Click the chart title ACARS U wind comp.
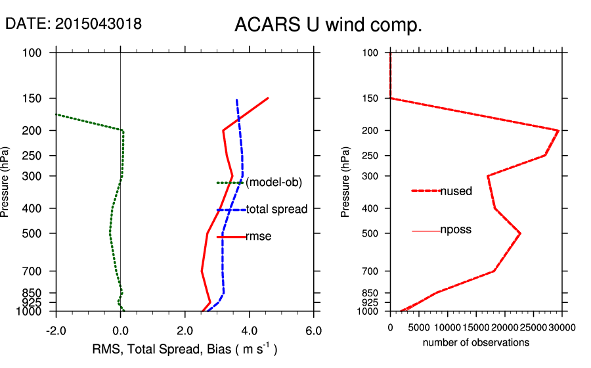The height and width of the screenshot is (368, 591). [328, 26]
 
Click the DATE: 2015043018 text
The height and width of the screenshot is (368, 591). [74, 24]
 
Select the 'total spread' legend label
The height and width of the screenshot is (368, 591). [276, 210]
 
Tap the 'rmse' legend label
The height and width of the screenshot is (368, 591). [258, 236]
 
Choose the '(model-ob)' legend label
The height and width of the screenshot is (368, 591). [274, 183]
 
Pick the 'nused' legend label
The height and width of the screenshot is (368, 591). [456, 191]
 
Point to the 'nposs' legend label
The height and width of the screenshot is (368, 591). [456, 230]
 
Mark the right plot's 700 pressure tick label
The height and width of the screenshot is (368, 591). [371, 271]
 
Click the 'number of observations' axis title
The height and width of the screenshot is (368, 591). [475, 342]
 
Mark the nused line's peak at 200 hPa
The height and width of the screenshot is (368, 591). [558, 131]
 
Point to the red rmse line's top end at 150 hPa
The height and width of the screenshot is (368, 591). [268, 99]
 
